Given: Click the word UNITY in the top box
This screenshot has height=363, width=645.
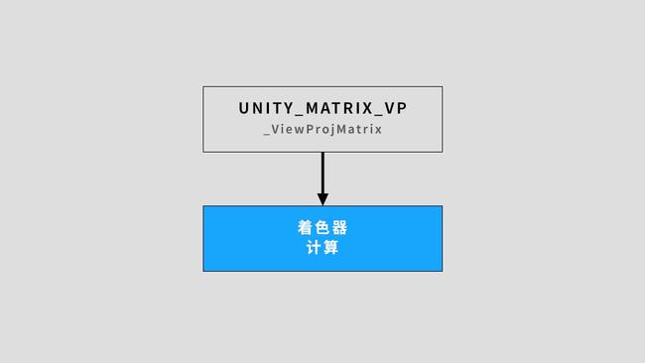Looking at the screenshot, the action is (x=266, y=108).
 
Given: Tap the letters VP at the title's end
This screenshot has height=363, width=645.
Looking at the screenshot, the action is (x=395, y=108).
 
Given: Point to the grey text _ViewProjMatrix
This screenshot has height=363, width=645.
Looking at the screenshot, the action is (x=322, y=129).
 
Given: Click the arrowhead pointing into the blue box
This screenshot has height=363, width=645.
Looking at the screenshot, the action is (x=322, y=199).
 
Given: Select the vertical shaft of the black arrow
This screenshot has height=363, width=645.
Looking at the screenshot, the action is (x=322, y=174).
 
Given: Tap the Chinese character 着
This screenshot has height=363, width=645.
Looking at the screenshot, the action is (x=306, y=228).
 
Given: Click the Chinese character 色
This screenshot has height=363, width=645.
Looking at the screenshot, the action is (x=322, y=228).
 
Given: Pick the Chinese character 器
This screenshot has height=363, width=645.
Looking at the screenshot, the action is (x=340, y=228).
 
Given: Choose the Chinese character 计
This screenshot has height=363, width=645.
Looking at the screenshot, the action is (x=315, y=248).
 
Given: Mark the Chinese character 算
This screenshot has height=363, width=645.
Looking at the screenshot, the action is (x=331, y=248).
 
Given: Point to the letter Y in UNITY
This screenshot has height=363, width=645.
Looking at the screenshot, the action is (x=288, y=108).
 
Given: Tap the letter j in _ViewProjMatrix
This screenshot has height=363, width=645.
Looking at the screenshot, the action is (x=333, y=130).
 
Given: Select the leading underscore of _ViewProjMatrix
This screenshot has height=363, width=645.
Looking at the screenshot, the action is (x=267, y=134).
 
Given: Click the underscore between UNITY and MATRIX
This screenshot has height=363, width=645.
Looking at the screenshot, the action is (x=299, y=115).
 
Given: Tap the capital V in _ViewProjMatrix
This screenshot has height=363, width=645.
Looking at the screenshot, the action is (x=276, y=129).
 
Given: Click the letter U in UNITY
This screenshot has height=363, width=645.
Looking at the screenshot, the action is (x=244, y=108).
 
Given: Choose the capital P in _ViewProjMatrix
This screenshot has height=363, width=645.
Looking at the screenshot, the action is (x=310, y=129).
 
